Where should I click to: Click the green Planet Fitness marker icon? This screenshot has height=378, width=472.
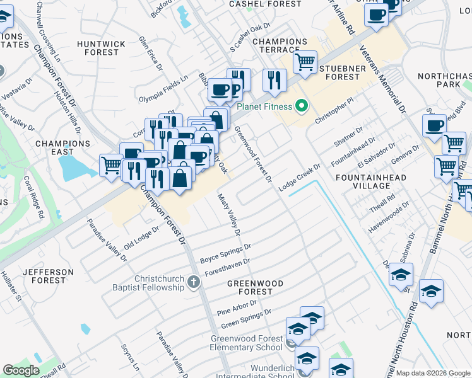(302, 106)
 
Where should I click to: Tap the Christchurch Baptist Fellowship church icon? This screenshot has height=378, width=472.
(194, 284)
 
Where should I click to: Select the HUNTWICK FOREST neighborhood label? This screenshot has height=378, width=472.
(98, 48)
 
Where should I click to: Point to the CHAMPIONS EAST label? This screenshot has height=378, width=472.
(63, 147)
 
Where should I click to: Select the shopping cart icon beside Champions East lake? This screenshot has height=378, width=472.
(112, 166)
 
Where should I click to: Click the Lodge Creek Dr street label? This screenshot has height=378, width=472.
(300, 175)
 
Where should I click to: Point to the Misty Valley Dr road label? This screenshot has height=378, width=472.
(230, 215)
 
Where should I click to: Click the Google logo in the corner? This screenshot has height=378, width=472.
(21, 370)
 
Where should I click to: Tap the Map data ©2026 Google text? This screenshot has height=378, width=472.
(433, 373)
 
